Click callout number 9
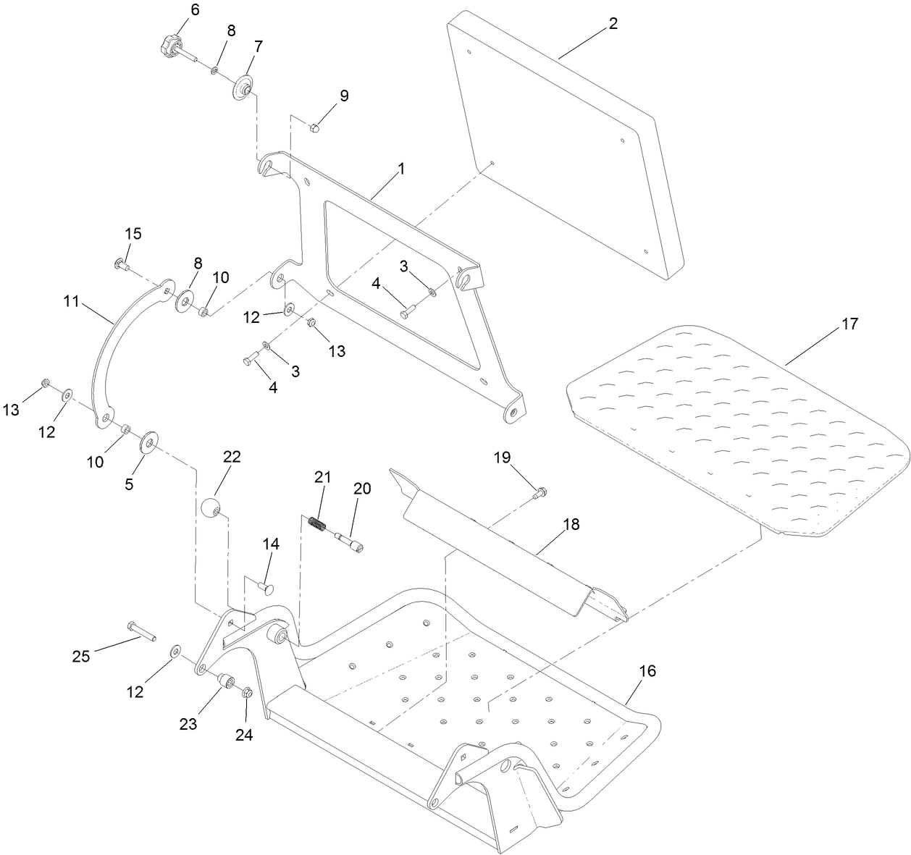(344, 96)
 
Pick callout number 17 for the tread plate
(849, 324)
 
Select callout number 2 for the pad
(613, 23)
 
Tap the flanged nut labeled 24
(245, 693)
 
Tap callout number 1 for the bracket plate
(400, 168)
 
